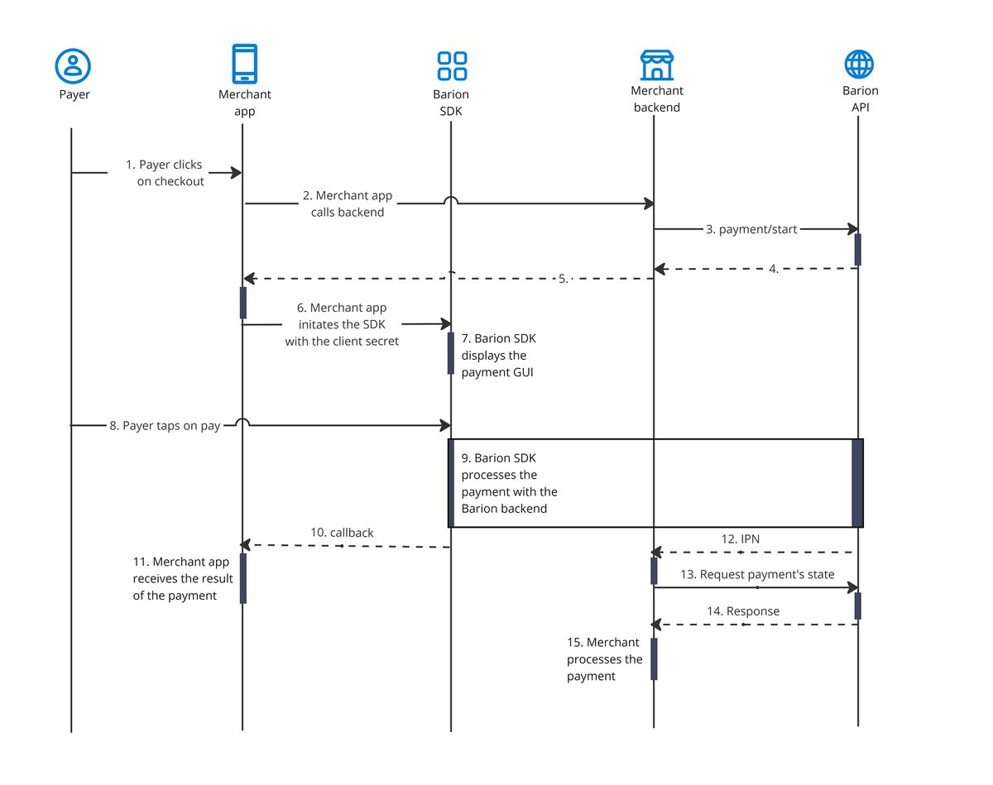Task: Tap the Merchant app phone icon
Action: click(x=244, y=64)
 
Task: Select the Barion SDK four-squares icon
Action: click(x=452, y=65)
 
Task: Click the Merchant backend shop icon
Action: click(x=657, y=64)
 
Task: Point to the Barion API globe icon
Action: click(x=859, y=64)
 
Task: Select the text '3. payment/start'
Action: click(x=751, y=229)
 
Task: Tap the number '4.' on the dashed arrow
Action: click(x=774, y=269)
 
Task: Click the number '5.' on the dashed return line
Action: click(x=564, y=279)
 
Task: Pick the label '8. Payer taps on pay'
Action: click(x=165, y=426)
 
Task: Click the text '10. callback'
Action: click(x=342, y=533)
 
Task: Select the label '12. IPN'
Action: click(x=740, y=538)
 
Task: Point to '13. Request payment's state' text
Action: click(x=757, y=574)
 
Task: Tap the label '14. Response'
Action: click(x=742, y=611)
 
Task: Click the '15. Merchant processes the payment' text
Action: click(x=604, y=659)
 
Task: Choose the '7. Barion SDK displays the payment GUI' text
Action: click(x=499, y=355)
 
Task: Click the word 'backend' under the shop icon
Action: click(x=656, y=108)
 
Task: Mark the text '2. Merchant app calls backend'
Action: click(x=348, y=203)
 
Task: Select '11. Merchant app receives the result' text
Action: click(x=182, y=578)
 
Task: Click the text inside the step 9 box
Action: click(x=509, y=483)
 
